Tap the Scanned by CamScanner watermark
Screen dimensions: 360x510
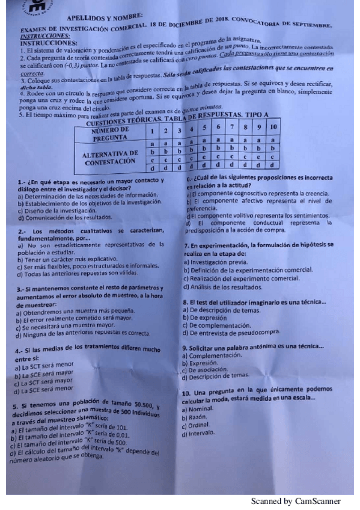[x=296, y=501]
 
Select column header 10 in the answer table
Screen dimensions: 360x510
[x=274, y=128]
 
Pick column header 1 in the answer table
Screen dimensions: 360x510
[x=153, y=131]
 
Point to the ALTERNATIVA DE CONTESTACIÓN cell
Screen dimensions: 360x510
[x=109, y=158]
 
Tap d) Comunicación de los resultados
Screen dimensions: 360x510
[x=65, y=217]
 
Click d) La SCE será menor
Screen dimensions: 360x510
[x=44, y=389]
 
